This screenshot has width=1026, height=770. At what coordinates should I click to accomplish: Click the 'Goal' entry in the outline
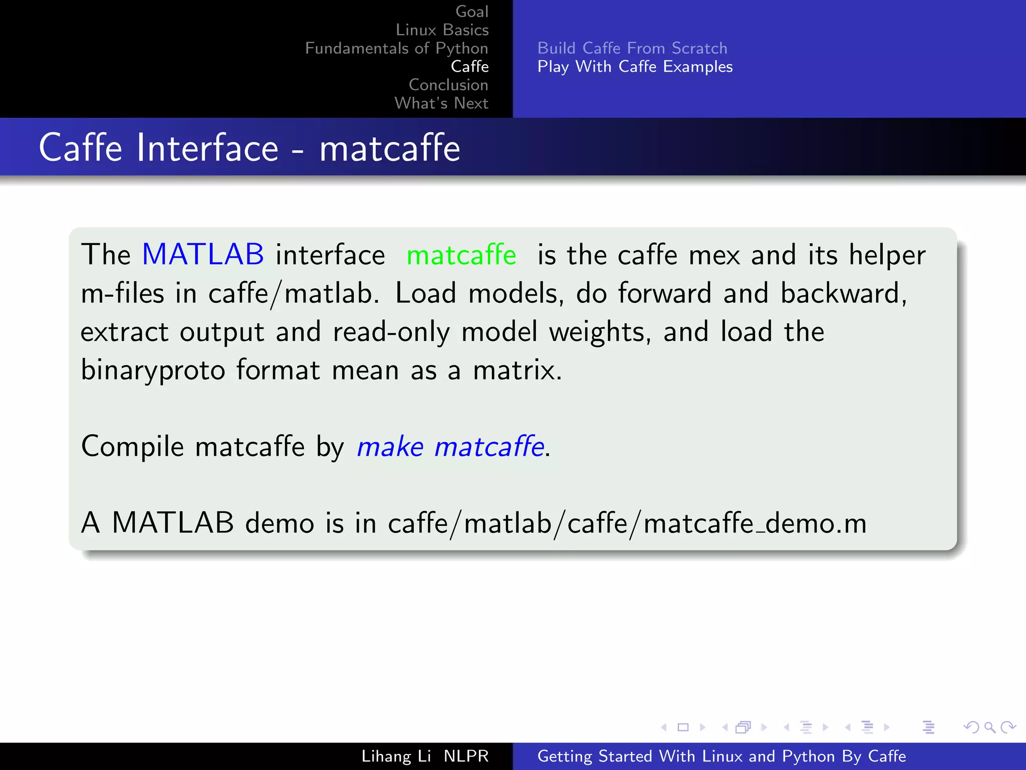click(471, 12)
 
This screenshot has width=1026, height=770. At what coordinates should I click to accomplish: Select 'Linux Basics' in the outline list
click(442, 30)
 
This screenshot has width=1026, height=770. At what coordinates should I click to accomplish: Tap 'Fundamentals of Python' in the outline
click(396, 48)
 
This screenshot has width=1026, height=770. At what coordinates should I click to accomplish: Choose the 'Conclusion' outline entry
click(448, 85)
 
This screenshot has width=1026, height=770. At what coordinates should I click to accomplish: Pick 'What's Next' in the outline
click(441, 103)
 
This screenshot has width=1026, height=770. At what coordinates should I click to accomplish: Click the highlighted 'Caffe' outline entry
click(469, 66)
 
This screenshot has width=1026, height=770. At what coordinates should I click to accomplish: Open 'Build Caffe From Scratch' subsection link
click(632, 48)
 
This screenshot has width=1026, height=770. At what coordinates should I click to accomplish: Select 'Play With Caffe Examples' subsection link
click(635, 67)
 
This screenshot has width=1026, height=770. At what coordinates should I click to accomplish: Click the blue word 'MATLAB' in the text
click(203, 254)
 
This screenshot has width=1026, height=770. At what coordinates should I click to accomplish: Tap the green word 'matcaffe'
click(461, 255)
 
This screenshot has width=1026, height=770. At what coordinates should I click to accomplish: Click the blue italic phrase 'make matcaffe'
click(450, 446)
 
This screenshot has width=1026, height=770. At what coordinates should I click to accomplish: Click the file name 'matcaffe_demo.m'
click(755, 523)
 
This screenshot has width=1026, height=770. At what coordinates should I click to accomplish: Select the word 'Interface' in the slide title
click(207, 148)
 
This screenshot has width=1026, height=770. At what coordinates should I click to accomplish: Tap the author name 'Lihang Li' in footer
click(396, 756)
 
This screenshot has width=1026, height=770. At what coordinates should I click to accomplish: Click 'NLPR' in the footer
click(466, 756)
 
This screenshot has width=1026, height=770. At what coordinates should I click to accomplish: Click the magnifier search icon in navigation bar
click(989, 727)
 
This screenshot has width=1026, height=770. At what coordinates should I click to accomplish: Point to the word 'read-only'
click(391, 332)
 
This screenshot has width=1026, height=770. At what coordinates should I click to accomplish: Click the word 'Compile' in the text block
click(132, 446)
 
